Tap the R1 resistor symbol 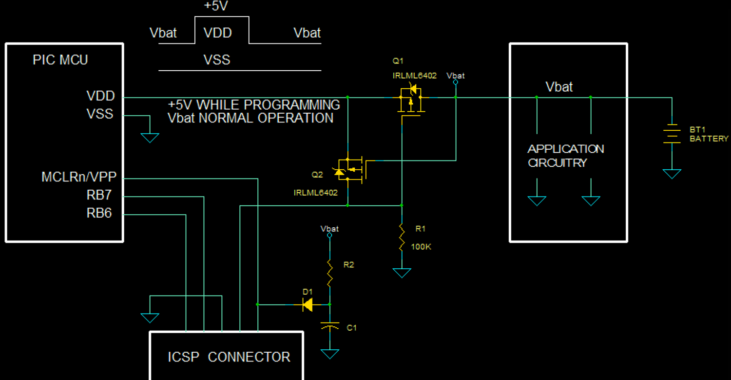402,238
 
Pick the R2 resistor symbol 329,273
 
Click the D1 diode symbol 308,305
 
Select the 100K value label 421,247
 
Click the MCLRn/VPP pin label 79,177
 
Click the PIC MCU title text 60,60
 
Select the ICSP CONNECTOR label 229,357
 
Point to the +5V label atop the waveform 216,6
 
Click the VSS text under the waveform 217,60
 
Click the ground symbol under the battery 672,173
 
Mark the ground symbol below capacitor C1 330,354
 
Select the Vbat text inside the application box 559,87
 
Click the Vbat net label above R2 329,228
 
